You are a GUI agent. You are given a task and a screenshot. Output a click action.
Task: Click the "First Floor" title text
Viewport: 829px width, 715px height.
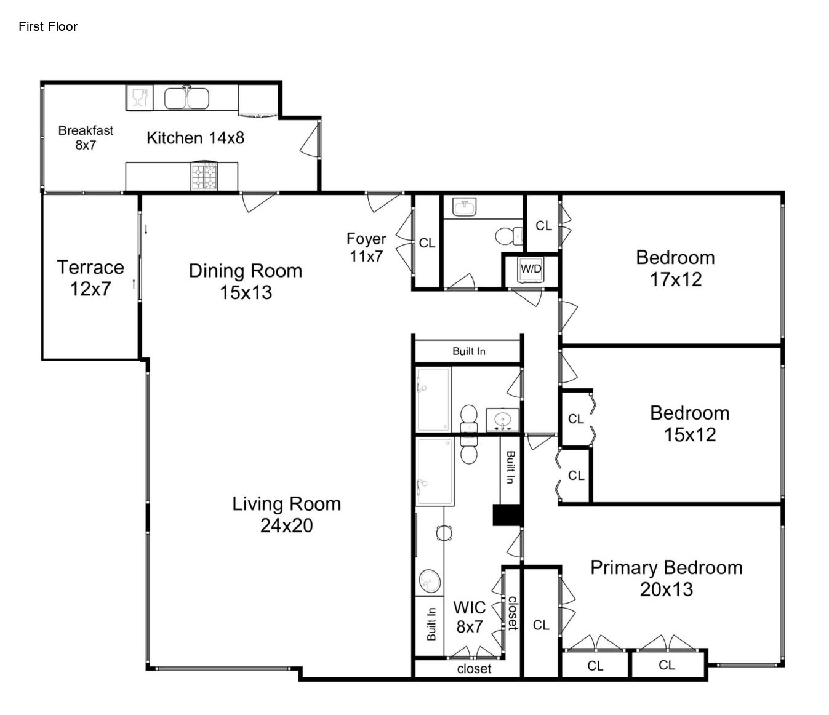click(48, 26)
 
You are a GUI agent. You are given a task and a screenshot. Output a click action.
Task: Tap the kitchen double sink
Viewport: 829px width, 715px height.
click(186, 98)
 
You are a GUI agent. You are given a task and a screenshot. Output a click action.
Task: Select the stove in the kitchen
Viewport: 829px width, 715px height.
click(204, 176)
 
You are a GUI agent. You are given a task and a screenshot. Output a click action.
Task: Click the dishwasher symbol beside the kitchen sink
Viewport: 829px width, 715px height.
click(139, 97)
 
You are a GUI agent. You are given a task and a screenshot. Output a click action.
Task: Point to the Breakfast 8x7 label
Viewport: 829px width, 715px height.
click(86, 137)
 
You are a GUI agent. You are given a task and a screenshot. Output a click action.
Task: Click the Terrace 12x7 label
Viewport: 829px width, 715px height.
click(90, 278)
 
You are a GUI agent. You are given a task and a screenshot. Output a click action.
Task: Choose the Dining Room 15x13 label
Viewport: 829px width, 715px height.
click(246, 281)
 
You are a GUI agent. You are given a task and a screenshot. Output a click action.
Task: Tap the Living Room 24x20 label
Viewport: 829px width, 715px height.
click(286, 514)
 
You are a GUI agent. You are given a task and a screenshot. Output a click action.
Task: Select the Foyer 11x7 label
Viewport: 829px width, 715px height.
click(366, 247)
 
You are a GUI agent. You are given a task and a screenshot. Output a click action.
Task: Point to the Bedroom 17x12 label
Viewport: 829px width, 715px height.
click(675, 268)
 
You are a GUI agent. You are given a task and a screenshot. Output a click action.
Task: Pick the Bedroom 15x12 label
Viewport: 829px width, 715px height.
click(689, 423)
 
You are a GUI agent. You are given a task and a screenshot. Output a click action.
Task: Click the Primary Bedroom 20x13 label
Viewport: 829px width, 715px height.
click(667, 578)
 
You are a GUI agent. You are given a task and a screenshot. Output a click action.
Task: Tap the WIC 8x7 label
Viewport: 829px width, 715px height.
click(469, 617)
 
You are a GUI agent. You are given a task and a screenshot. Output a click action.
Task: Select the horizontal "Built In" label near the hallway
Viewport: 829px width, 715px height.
click(469, 351)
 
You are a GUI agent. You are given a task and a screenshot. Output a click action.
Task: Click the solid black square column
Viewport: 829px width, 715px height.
click(507, 514)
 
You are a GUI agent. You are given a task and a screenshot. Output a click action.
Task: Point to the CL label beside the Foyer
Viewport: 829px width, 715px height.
click(427, 243)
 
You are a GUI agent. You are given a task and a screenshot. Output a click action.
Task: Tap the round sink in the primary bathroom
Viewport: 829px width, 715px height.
click(430, 581)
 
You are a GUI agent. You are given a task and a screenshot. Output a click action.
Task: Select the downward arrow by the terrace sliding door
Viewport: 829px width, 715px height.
click(146, 229)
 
